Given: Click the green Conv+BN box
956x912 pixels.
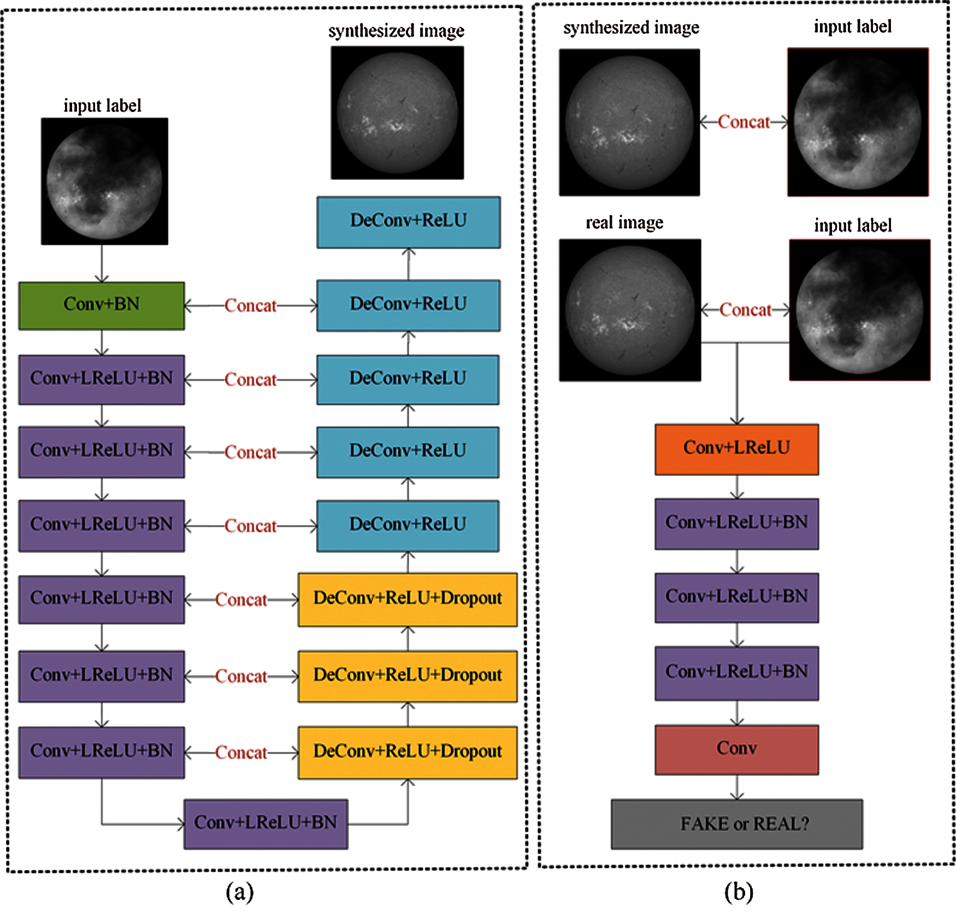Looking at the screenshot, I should pos(102,305).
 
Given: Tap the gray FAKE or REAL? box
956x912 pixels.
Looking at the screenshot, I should pos(736,824).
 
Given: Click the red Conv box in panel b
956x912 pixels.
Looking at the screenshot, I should pos(736,749).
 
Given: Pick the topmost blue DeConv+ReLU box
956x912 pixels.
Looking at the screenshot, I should pos(408,222).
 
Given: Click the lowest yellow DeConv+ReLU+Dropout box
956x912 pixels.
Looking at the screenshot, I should pos(408,752).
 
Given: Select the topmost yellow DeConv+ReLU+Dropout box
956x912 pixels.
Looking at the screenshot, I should pos(408,599).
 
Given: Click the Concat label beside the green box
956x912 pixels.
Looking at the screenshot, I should pos(250,305).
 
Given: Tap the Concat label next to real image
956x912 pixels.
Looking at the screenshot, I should pos(745,310).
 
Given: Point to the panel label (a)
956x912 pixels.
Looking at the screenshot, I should pos(239,892).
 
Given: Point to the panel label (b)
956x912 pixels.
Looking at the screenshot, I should pos(739,892).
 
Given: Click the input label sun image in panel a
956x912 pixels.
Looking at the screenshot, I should pos(104,181).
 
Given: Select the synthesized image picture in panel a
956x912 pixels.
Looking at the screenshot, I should pos(397,113).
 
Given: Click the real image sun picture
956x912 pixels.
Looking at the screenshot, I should pos(630,310).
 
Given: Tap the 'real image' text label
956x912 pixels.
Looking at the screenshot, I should pos(624,222).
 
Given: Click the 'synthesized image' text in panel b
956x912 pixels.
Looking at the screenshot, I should pos(631,27).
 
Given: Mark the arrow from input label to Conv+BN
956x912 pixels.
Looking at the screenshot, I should pos(102,264).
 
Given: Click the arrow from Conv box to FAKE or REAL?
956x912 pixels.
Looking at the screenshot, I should pos(737,787).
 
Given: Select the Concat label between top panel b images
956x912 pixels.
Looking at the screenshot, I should pos(743,122).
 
